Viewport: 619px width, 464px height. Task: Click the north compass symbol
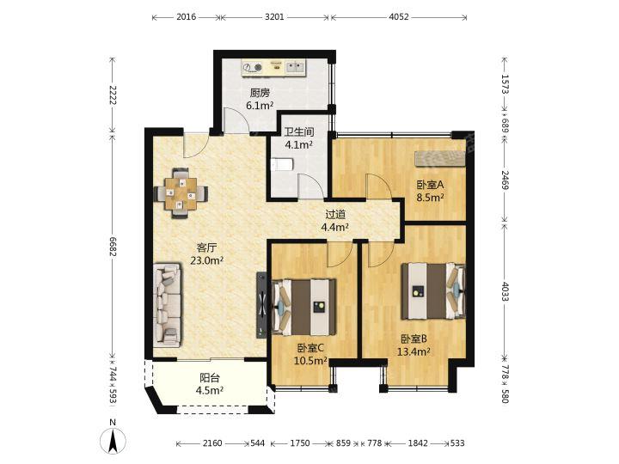coord(113,439)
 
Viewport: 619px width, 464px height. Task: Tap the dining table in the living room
coord(181,193)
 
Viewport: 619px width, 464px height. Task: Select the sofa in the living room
coord(168,306)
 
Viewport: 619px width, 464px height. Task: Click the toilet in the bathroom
coord(282,164)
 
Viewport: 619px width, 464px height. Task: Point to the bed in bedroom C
coord(303,308)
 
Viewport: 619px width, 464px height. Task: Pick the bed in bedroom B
coord(433,291)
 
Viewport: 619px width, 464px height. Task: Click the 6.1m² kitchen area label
coord(260,106)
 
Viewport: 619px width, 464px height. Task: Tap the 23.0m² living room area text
coord(207,260)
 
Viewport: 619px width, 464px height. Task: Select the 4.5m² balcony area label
coord(210,390)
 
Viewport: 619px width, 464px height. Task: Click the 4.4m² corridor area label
coord(334,227)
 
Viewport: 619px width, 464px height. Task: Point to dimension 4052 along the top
coord(399,17)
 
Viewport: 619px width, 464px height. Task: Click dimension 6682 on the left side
coord(113,247)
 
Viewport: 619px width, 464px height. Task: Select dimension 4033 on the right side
coord(505,291)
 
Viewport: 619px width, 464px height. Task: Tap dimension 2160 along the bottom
coord(212,443)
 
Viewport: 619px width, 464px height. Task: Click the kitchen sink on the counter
coord(295,67)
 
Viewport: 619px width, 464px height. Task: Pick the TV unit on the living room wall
coord(261,304)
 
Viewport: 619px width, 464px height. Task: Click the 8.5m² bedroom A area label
coord(431,197)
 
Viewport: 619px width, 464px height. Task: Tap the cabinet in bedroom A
coord(440,158)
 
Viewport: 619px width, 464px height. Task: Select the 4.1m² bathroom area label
coord(299,145)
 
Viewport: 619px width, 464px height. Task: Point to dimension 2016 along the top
coord(186,17)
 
